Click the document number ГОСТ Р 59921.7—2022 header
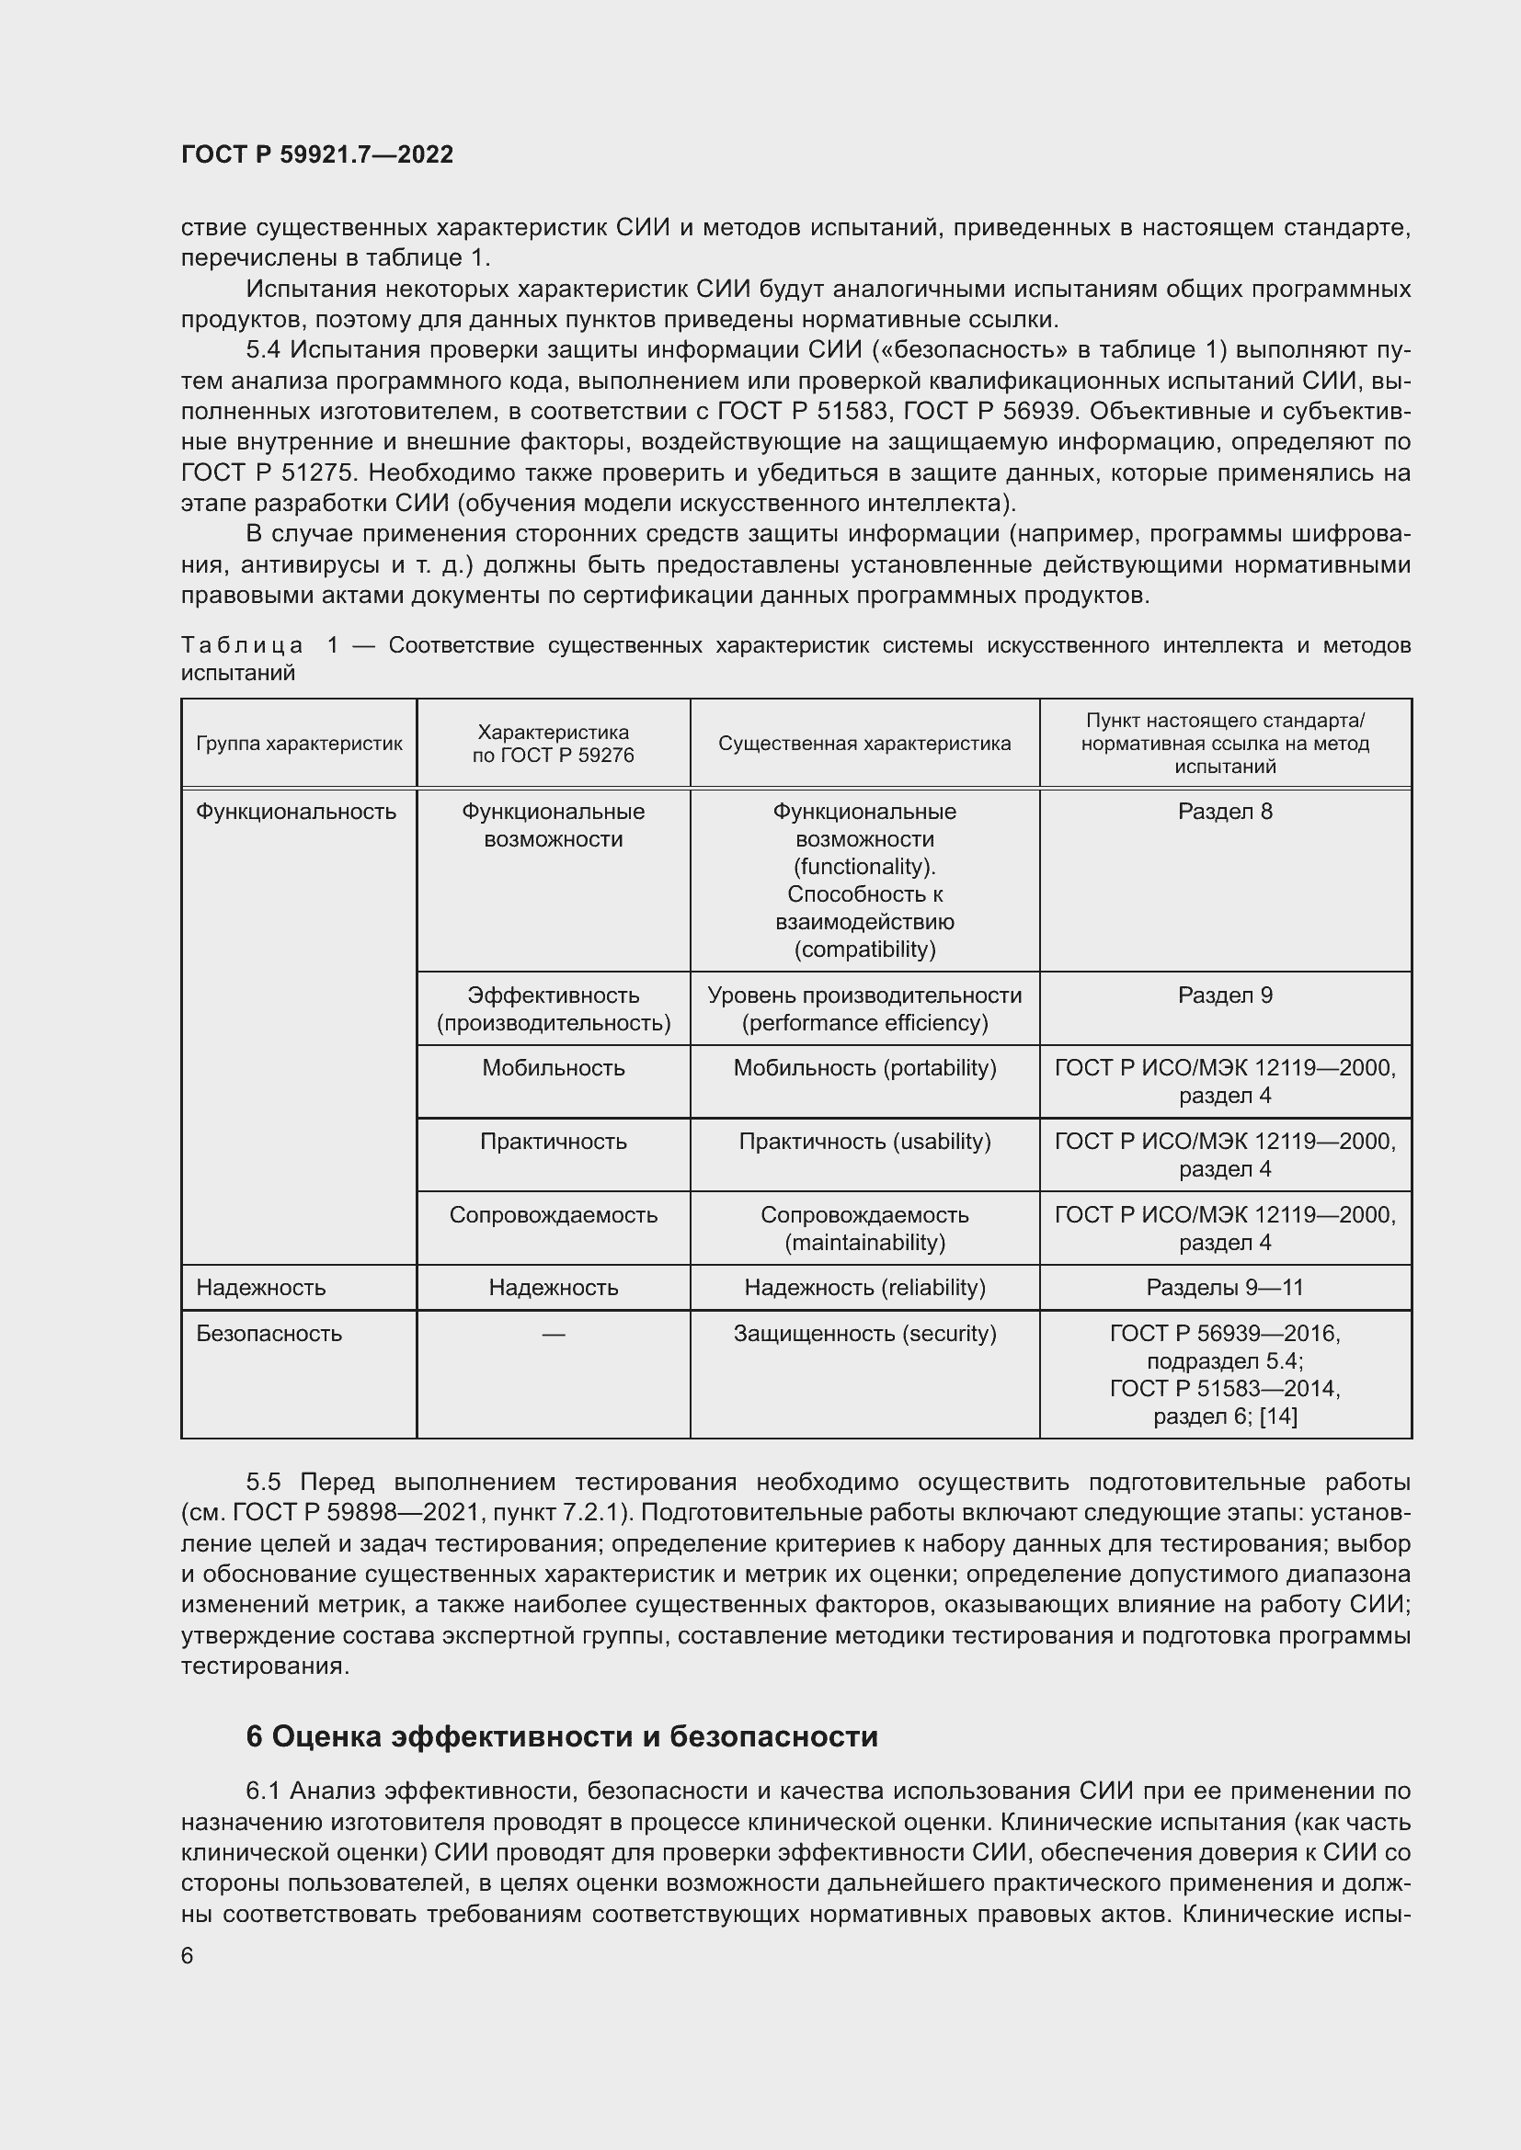(316, 154)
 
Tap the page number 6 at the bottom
(188, 1956)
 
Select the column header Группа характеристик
(299, 744)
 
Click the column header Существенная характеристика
(863, 744)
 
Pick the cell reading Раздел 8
(1224, 812)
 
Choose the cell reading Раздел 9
(1224, 995)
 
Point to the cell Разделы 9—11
(1224, 1288)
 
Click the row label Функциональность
(296, 812)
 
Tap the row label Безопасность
(269, 1334)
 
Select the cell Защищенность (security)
(863, 1334)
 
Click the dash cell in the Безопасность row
(553, 1334)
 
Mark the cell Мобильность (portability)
(863, 1068)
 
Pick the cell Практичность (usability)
(863, 1142)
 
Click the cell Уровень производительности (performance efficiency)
(863, 1008)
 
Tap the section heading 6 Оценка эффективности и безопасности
(562, 1737)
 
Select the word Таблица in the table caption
(242, 646)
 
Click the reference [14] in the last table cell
(1278, 1416)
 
